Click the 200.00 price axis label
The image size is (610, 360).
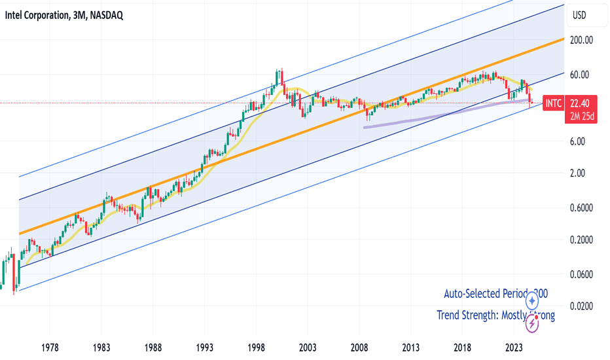[x=581, y=40]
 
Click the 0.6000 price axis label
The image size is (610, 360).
[x=581, y=208]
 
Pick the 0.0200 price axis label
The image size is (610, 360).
[x=581, y=306]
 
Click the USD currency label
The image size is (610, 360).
[x=579, y=15]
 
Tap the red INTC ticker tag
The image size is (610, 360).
[x=552, y=103]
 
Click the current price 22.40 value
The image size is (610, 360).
[x=581, y=103]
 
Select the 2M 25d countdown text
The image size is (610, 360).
[x=581, y=117]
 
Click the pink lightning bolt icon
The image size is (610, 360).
[x=533, y=322]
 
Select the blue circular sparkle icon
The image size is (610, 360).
[x=533, y=301]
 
